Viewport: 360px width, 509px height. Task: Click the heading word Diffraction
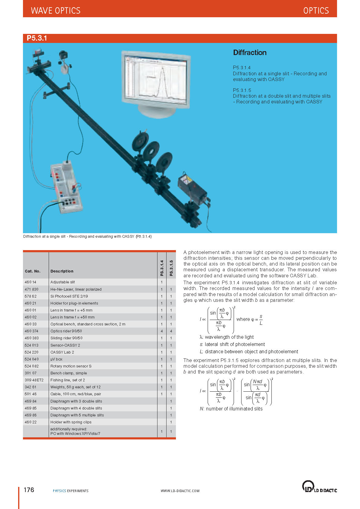click(x=250, y=53)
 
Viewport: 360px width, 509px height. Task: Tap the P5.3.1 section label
click(x=37, y=38)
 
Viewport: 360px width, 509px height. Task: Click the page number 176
click(x=29, y=490)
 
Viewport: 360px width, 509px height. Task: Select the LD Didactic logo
click(x=319, y=487)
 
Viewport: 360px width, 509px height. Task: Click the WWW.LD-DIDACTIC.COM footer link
click(x=180, y=491)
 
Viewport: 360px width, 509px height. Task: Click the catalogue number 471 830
click(x=31, y=289)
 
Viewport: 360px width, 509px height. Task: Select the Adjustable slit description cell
click(x=63, y=282)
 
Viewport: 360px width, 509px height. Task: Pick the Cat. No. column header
click(x=32, y=271)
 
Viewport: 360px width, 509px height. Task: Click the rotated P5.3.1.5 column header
click(x=171, y=268)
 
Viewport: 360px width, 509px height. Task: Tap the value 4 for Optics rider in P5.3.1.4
click(x=162, y=331)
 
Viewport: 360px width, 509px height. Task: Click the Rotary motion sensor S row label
click(x=71, y=366)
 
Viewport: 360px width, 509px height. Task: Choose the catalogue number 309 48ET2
click(x=34, y=380)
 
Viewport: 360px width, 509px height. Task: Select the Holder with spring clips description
click(x=71, y=422)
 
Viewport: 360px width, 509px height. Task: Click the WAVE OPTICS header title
click(x=56, y=11)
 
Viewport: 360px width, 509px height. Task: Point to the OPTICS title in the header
click(x=316, y=11)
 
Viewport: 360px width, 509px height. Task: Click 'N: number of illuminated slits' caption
click(x=231, y=409)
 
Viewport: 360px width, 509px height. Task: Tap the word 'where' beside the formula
click(x=243, y=319)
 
